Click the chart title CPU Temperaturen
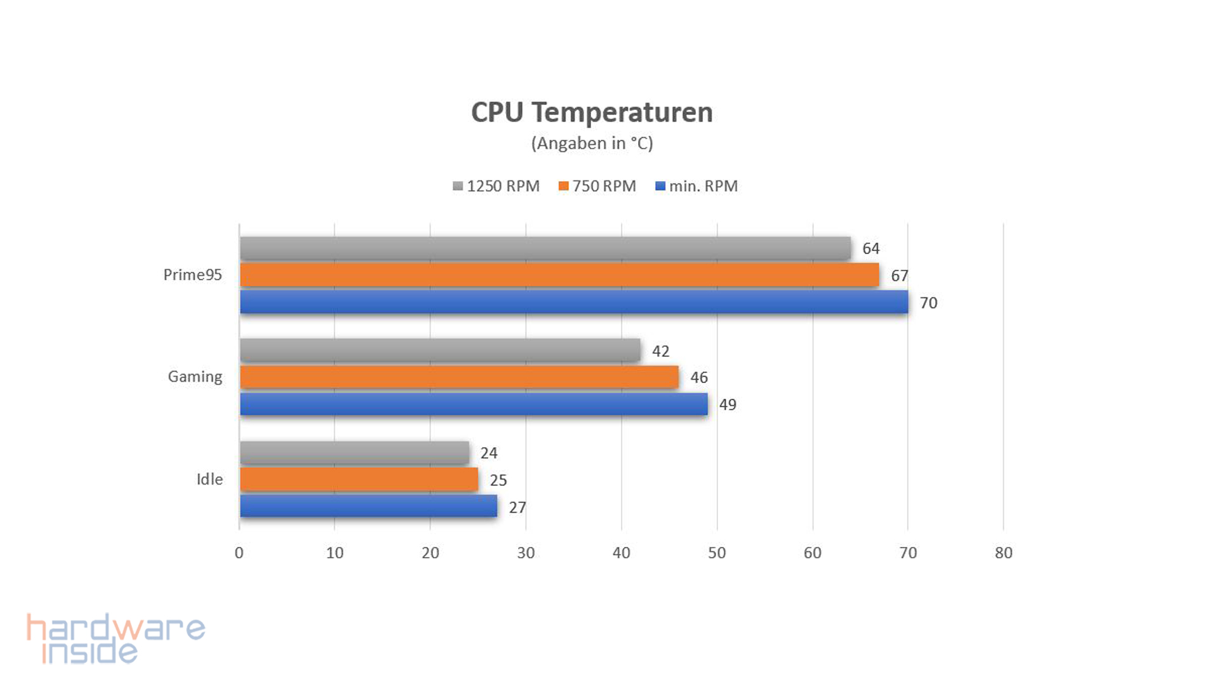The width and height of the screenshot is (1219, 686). [592, 112]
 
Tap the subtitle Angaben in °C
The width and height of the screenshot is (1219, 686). [592, 144]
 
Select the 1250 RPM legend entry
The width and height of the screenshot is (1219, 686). [496, 186]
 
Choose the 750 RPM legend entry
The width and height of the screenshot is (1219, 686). [597, 186]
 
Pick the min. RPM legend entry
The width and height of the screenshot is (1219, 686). [696, 186]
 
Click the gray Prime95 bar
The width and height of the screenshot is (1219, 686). [545, 248]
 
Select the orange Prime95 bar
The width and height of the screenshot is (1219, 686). [559, 275]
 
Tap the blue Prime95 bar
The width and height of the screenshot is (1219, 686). [573, 302]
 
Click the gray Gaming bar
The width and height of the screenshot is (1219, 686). [440, 350]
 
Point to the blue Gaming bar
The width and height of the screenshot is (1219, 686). [474, 404]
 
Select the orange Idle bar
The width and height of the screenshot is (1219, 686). [359, 480]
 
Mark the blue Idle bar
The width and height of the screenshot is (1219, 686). [368, 506]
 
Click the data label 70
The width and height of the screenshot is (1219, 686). [928, 303]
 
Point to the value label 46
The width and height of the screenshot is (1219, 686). [699, 378]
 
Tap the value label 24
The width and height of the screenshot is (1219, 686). [489, 454]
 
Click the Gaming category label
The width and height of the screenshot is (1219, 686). [195, 377]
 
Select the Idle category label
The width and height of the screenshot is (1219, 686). [210, 480]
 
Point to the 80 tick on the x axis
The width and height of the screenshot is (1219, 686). [1003, 553]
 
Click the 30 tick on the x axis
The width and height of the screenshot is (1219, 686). [526, 553]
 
